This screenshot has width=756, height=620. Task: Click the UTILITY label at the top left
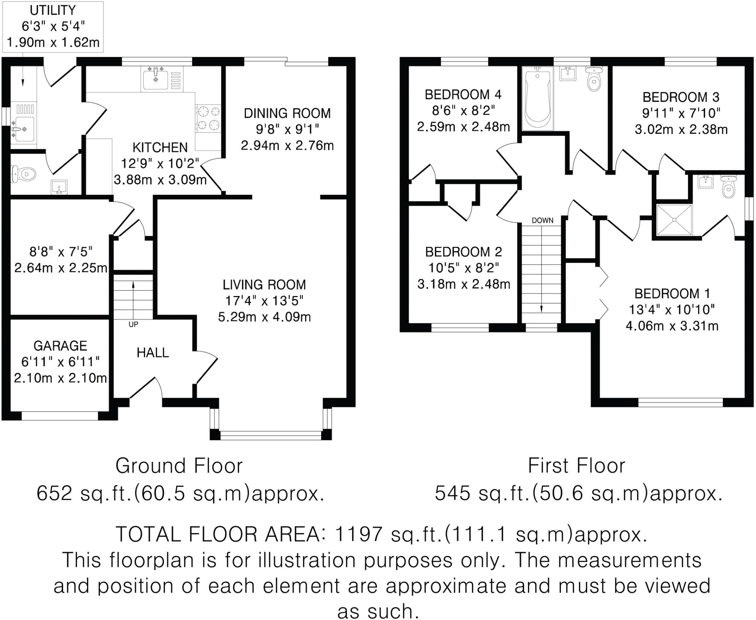(x=53, y=10)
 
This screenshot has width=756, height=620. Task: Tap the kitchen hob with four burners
(x=208, y=118)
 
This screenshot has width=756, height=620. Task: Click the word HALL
(x=153, y=353)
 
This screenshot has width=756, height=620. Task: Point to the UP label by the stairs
(x=133, y=324)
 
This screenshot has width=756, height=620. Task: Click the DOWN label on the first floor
(x=543, y=221)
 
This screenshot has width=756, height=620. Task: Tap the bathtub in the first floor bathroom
(x=538, y=98)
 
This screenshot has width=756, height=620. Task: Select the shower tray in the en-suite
(x=674, y=219)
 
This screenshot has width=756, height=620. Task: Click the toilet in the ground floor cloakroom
(x=24, y=174)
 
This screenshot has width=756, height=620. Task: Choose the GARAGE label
(x=61, y=346)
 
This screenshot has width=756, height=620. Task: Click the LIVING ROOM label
(x=264, y=285)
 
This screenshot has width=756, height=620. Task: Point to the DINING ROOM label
(x=287, y=113)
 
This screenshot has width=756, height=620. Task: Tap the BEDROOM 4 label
(x=463, y=95)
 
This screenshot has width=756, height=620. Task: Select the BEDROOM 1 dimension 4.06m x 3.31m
(x=672, y=326)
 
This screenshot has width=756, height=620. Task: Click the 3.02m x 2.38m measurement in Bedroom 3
(x=681, y=129)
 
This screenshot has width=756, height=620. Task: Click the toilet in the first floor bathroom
(x=594, y=78)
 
